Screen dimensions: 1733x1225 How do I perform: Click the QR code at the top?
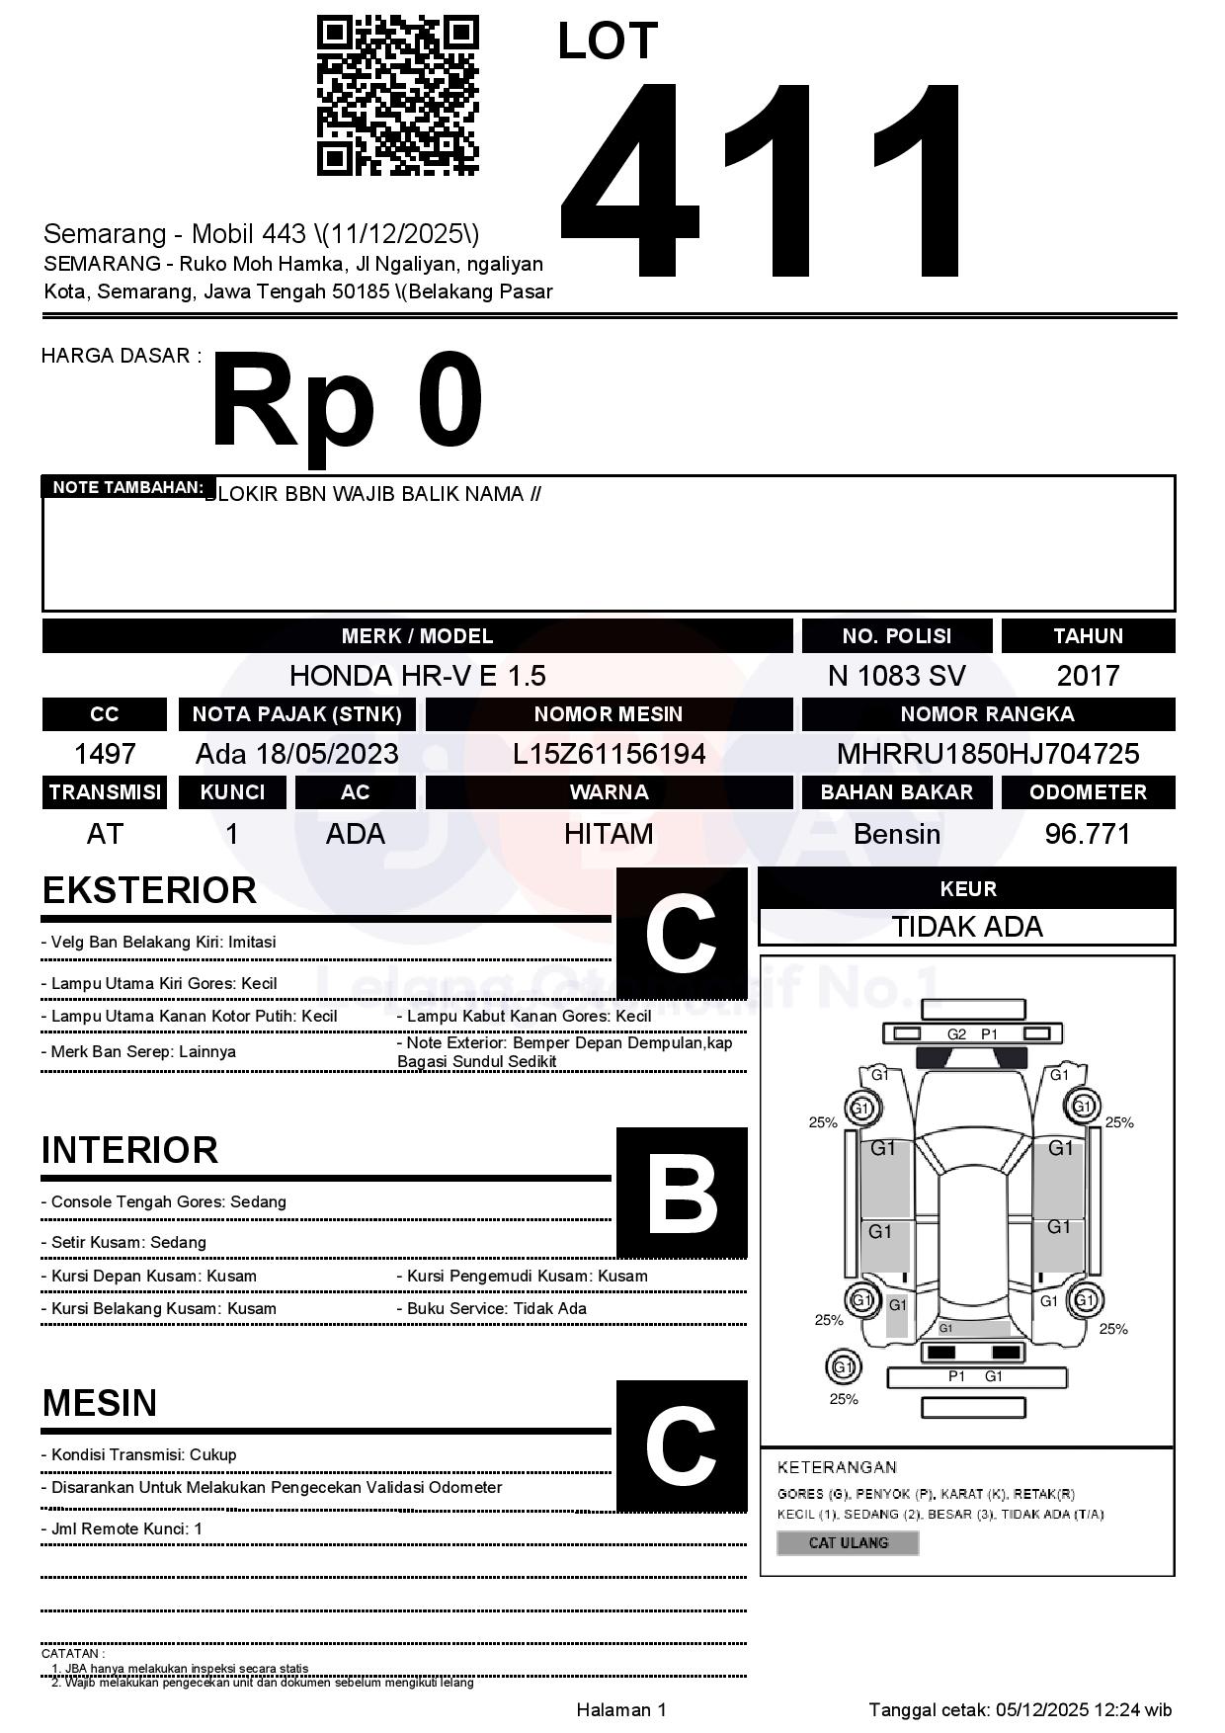397,96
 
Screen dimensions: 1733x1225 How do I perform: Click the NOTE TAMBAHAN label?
127,487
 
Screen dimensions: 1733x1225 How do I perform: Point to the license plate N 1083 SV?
896,676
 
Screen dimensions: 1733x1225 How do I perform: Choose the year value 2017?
1088,676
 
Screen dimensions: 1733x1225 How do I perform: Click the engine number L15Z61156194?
609,754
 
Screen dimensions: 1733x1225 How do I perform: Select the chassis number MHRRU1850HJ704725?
988,754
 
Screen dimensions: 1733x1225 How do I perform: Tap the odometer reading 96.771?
1088,834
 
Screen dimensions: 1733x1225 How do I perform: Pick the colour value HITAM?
609,834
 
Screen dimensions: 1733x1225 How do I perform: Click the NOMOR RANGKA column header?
988,713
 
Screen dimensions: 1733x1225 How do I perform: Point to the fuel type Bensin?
896,834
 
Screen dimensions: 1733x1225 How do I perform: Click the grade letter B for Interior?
682,1194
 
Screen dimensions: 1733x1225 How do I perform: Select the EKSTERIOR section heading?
149,890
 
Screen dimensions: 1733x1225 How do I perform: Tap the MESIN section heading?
100,1403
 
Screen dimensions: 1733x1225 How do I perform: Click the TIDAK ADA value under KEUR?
967,927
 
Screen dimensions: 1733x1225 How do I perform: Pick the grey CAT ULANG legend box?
848,1542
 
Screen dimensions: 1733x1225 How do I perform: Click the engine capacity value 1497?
105,754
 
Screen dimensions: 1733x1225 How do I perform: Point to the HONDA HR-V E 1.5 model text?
417,676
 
